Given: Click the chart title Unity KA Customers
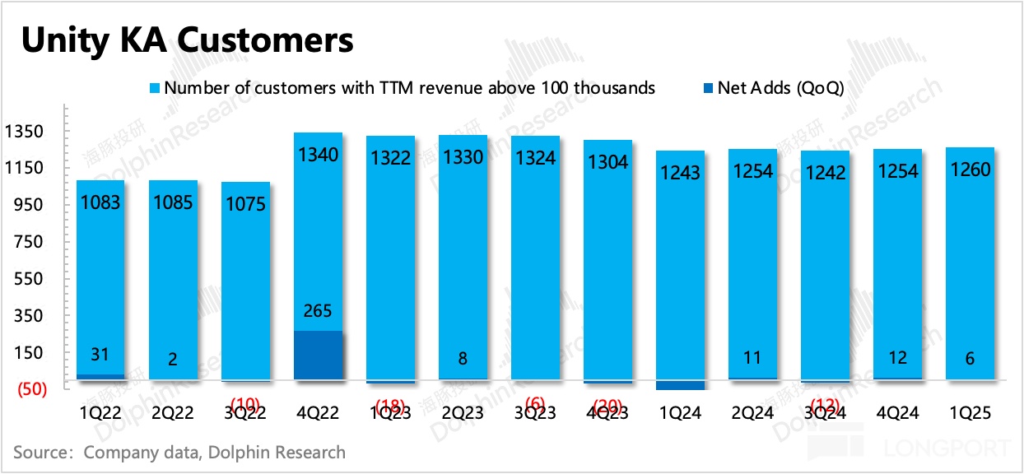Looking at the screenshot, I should pyautogui.click(x=188, y=40).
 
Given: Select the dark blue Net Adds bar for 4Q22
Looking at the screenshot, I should pyautogui.click(x=318, y=355).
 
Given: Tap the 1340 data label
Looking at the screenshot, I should pyautogui.click(x=319, y=154).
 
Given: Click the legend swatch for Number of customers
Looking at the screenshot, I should pyautogui.click(x=155, y=88).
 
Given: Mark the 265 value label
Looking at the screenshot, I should pyautogui.click(x=318, y=311).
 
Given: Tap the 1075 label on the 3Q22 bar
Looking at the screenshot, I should pyautogui.click(x=245, y=202).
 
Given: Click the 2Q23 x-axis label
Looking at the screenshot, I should pyautogui.click(x=463, y=413).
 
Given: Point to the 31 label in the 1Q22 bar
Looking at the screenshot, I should pyautogui.click(x=100, y=355).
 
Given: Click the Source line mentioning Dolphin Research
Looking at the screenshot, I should pyautogui.click(x=179, y=452).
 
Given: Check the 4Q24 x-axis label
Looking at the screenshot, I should pyautogui.click(x=897, y=413).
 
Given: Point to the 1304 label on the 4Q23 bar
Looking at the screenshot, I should pyautogui.click(x=607, y=161).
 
